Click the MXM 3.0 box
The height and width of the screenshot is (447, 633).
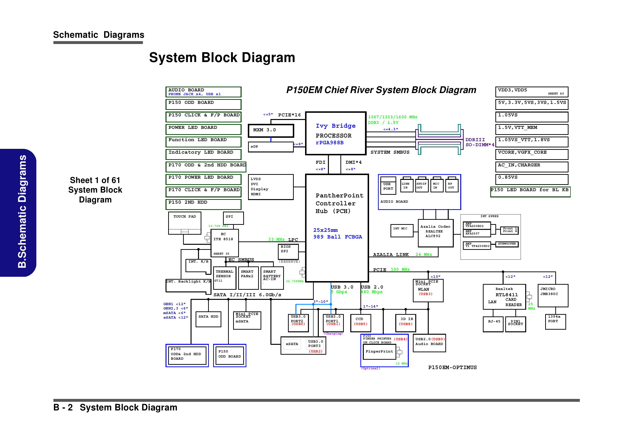click(271, 131)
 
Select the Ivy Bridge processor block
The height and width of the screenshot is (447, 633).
click(336, 133)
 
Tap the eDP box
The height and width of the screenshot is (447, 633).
click(270, 147)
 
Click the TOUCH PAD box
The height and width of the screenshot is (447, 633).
click(185, 223)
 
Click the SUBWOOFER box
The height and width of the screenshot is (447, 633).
click(507, 244)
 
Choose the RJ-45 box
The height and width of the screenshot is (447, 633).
click(493, 324)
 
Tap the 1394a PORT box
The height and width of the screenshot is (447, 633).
click(555, 321)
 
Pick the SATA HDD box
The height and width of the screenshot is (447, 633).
click(208, 319)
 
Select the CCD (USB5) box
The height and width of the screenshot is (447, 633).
click(361, 323)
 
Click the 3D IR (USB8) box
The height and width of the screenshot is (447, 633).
click(406, 323)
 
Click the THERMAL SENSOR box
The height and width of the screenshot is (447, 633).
click(224, 277)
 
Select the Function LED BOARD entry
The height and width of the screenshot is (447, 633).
click(203, 142)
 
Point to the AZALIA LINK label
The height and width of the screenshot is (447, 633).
click(391, 255)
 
